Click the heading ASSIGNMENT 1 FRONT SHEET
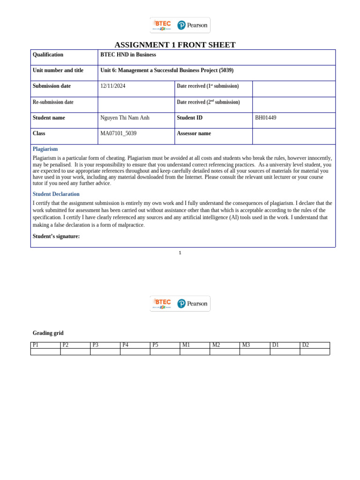175,45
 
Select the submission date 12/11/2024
112,86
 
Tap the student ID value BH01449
265,118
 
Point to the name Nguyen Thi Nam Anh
125,118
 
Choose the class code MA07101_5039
118,134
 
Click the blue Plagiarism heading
45,149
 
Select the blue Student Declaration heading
56,194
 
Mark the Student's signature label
56,236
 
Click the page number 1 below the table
180,253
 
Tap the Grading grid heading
48,333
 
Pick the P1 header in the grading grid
36,345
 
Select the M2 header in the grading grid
216,345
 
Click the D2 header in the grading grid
306,345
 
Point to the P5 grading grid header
156,345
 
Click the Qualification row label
48,55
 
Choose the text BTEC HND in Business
128,55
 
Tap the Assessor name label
194,134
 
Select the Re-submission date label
53,102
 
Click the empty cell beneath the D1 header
285,352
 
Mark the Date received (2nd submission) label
208,102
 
